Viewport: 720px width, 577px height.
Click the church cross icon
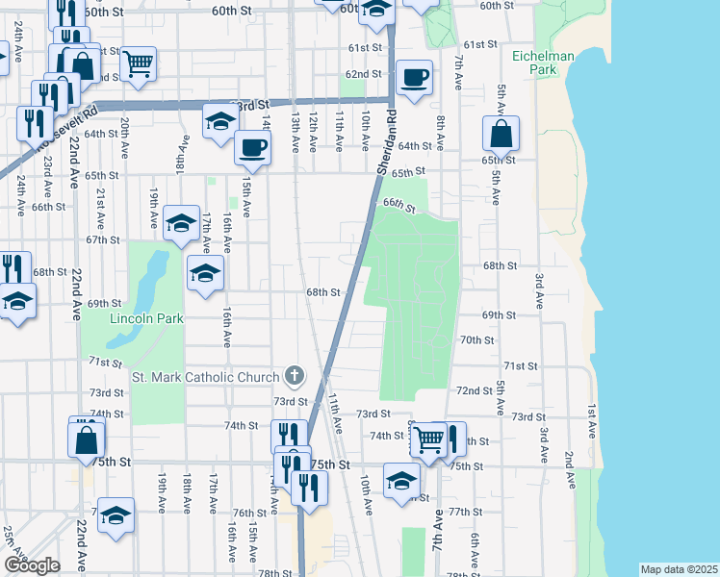coord(295,376)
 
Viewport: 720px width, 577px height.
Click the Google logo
coord(32,565)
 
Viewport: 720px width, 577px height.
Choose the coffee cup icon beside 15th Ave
coord(253,148)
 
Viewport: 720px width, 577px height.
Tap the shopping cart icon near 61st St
coord(139,63)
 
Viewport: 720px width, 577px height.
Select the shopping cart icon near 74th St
coord(427,439)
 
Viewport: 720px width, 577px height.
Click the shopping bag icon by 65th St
coord(501,133)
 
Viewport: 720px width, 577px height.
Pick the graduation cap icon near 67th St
coord(181,223)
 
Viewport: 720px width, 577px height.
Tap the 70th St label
coord(476,340)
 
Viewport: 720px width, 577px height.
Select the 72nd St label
coord(474,391)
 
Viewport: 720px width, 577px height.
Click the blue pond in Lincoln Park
coord(142,288)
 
